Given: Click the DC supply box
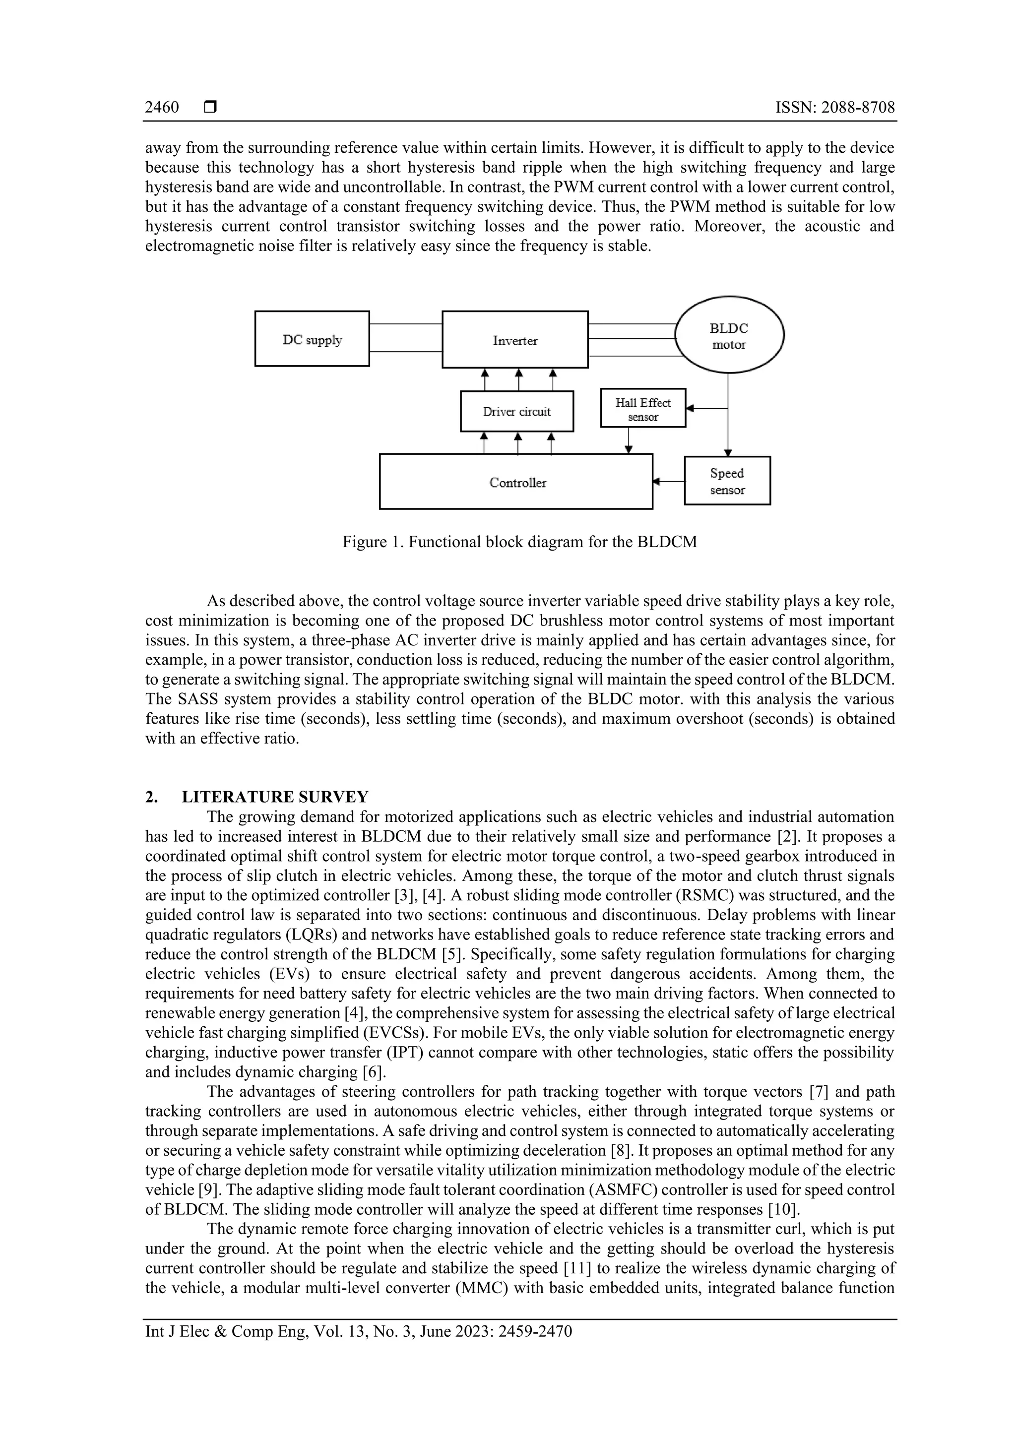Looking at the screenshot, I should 312,339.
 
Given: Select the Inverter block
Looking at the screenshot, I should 514,339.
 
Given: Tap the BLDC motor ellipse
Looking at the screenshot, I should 729,335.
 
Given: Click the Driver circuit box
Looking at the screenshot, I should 516,411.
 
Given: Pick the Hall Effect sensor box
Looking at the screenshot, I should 643,409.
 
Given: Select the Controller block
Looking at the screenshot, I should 516,482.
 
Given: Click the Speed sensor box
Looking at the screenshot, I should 727,481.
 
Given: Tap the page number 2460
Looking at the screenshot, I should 162,108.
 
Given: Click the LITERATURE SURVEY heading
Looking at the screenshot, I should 275,797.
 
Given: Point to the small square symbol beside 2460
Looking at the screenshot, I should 210,108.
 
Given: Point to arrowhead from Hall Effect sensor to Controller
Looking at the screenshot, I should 629,449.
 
